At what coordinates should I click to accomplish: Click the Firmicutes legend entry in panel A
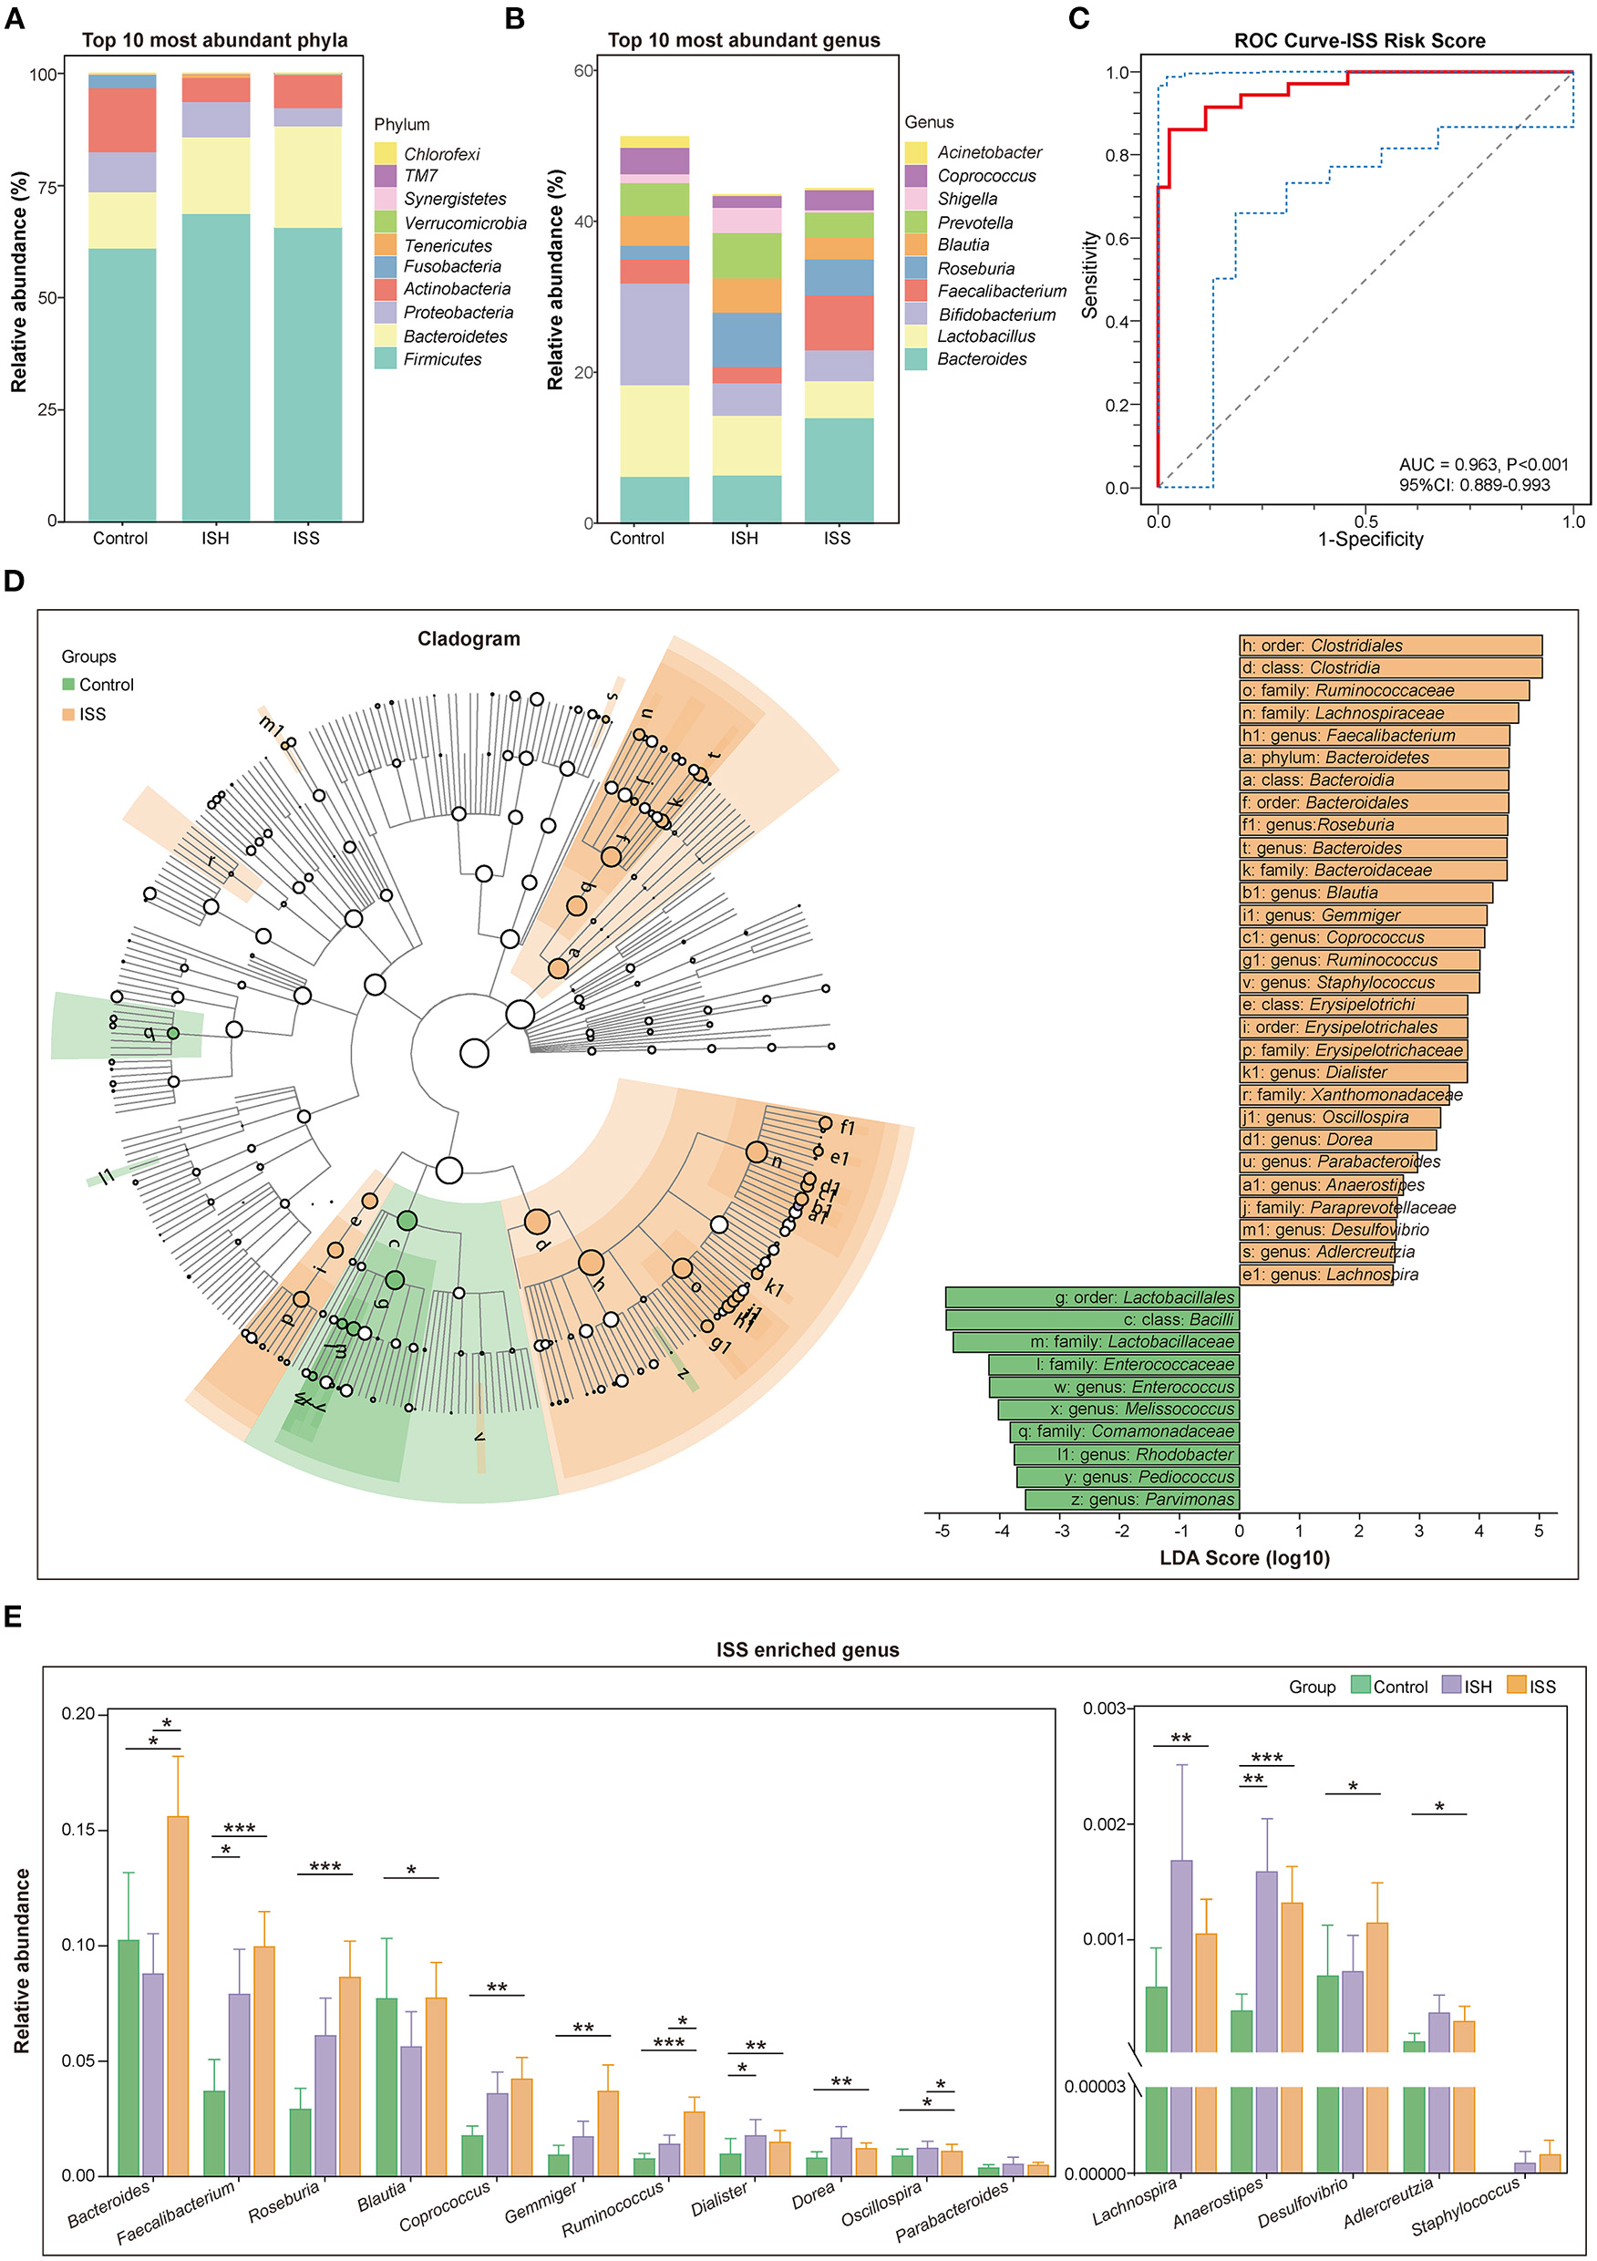(x=442, y=359)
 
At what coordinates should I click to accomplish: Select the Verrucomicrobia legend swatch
(x=385, y=222)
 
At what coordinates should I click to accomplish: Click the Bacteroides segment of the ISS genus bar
(x=839, y=470)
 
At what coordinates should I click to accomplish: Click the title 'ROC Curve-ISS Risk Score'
(x=1359, y=40)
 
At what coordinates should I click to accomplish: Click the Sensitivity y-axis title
(x=1089, y=274)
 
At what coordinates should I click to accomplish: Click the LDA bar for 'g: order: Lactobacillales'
(x=1091, y=1298)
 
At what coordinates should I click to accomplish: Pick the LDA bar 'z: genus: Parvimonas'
(x=1131, y=1500)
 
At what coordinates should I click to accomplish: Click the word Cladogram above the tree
(x=468, y=639)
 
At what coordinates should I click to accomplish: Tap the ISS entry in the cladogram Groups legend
(x=91, y=714)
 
